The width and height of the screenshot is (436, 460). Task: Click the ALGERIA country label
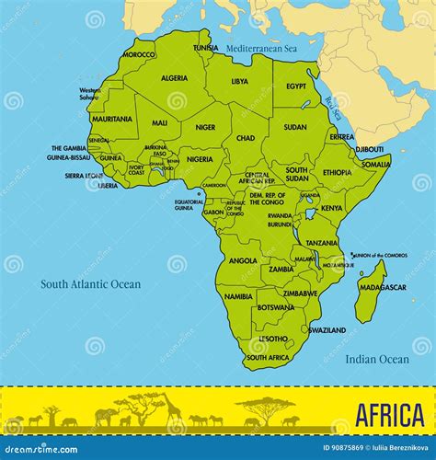coord(174,78)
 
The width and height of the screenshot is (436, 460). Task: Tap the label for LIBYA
coord(239,81)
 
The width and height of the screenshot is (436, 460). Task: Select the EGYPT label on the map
coord(295,86)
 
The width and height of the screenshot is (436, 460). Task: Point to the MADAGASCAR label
coord(383,287)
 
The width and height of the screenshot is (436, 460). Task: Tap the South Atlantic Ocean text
coord(90,284)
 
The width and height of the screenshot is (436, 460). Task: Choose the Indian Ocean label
coord(377,360)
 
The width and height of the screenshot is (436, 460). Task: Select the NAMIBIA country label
coord(238,296)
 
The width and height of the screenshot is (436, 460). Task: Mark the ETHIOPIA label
coord(337,172)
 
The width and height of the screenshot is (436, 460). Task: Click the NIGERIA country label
coord(200,159)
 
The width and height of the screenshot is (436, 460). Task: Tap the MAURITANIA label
coord(112,119)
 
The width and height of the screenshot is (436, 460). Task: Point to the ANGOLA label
coord(243,260)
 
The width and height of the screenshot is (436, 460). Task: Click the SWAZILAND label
coord(327,329)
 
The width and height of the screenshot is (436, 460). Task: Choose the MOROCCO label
coord(139,54)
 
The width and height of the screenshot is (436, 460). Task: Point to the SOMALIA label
coord(375,164)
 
